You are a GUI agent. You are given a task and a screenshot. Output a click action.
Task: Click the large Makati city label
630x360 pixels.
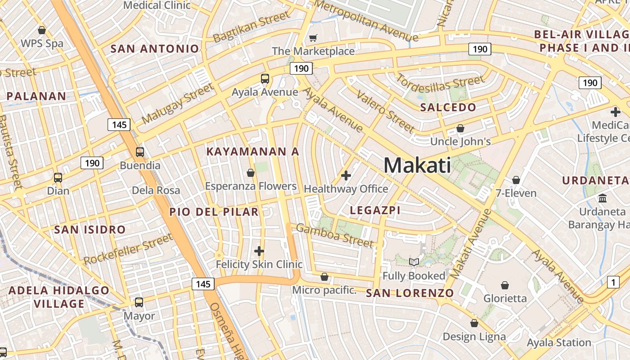pyautogui.click(x=417, y=165)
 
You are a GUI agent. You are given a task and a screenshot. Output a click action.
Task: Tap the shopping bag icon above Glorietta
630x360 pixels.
pyautogui.click(x=505, y=285)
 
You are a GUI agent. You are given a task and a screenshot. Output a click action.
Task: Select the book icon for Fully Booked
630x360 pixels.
pyautogui.click(x=414, y=262)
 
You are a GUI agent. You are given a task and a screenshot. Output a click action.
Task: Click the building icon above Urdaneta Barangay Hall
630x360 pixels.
pyautogui.click(x=603, y=198)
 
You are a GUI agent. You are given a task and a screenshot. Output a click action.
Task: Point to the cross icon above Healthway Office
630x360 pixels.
pyautogui.click(x=346, y=175)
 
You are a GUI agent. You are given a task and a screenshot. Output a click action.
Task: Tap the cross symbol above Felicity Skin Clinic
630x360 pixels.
pyautogui.click(x=259, y=251)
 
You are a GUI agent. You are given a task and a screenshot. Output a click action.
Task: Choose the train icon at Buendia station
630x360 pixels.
pyautogui.click(x=140, y=152)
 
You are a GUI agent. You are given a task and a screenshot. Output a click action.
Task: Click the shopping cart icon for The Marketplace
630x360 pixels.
pyautogui.click(x=313, y=38)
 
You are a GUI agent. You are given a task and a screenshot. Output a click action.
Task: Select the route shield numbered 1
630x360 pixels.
pyautogui.click(x=613, y=282)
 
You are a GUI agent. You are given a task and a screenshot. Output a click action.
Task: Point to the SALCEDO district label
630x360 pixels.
pyautogui.click(x=448, y=107)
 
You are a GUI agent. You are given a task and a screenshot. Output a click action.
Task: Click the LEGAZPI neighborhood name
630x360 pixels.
pyautogui.click(x=375, y=210)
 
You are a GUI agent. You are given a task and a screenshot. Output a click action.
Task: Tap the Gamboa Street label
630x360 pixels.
pyautogui.click(x=334, y=235)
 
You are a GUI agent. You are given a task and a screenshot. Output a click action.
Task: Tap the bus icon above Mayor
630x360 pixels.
pyautogui.click(x=139, y=302)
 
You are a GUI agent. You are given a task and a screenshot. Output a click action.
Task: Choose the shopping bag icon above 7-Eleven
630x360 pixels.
pyautogui.click(x=516, y=180)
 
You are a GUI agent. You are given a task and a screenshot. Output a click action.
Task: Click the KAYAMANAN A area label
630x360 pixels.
pyautogui.click(x=252, y=152)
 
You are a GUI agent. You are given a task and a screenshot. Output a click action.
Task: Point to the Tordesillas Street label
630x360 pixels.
pyautogui.click(x=440, y=84)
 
